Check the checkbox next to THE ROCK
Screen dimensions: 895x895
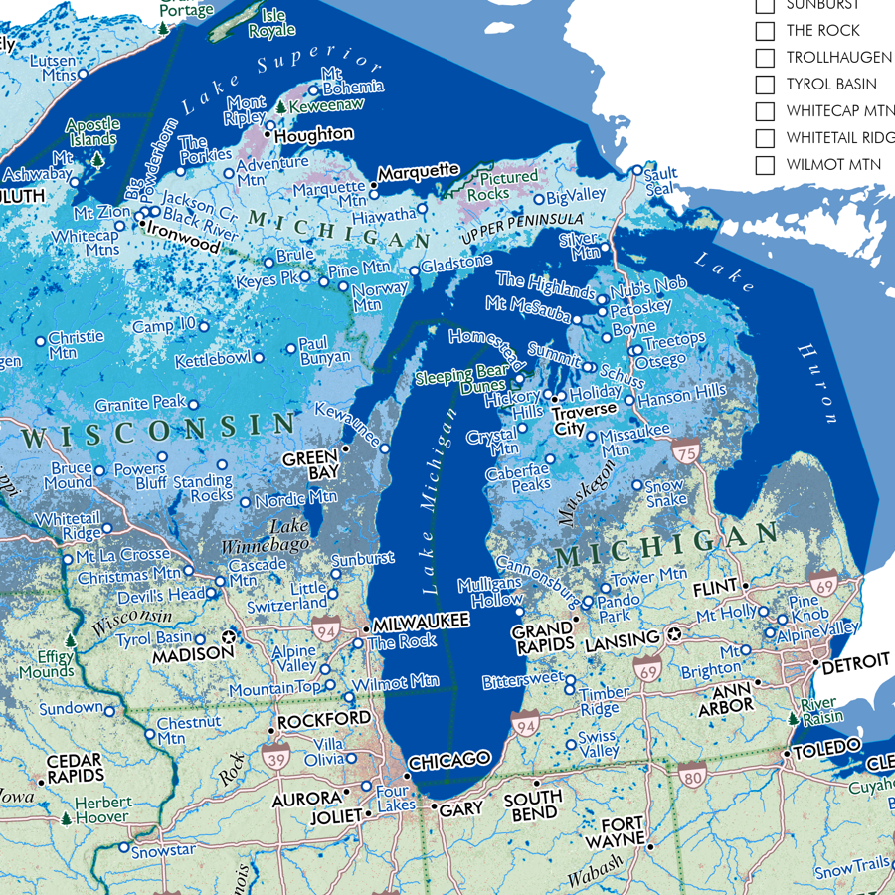coord(765,31)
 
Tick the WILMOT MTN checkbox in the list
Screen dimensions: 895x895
coord(765,165)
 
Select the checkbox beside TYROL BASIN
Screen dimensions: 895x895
coord(765,85)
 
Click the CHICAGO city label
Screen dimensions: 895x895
coord(449,759)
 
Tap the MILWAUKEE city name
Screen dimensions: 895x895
coord(420,621)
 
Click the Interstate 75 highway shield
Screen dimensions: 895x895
coord(685,450)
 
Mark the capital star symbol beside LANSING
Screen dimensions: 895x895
coord(673,633)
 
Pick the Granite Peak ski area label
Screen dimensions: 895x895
coord(140,405)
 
